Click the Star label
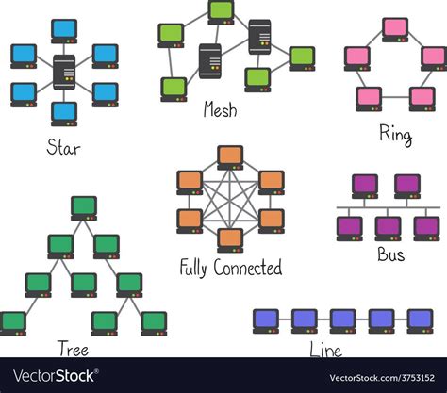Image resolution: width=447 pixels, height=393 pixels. click(64, 147)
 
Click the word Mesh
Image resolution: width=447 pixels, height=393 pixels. click(220, 110)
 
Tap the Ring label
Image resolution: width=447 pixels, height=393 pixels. click(395, 136)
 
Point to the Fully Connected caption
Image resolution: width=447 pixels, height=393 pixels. click(231, 268)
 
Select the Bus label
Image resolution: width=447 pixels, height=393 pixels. click(391, 256)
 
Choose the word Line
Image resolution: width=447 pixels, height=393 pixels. click(324, 351)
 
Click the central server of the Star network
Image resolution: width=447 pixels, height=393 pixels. click(65, 72)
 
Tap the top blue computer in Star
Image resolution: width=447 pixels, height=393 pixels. click(65, 30)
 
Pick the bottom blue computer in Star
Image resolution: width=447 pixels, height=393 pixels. click(65, 113)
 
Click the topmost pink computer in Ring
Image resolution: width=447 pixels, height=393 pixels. click(395, 28)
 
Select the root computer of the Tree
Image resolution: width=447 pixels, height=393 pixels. click(84, 206)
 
